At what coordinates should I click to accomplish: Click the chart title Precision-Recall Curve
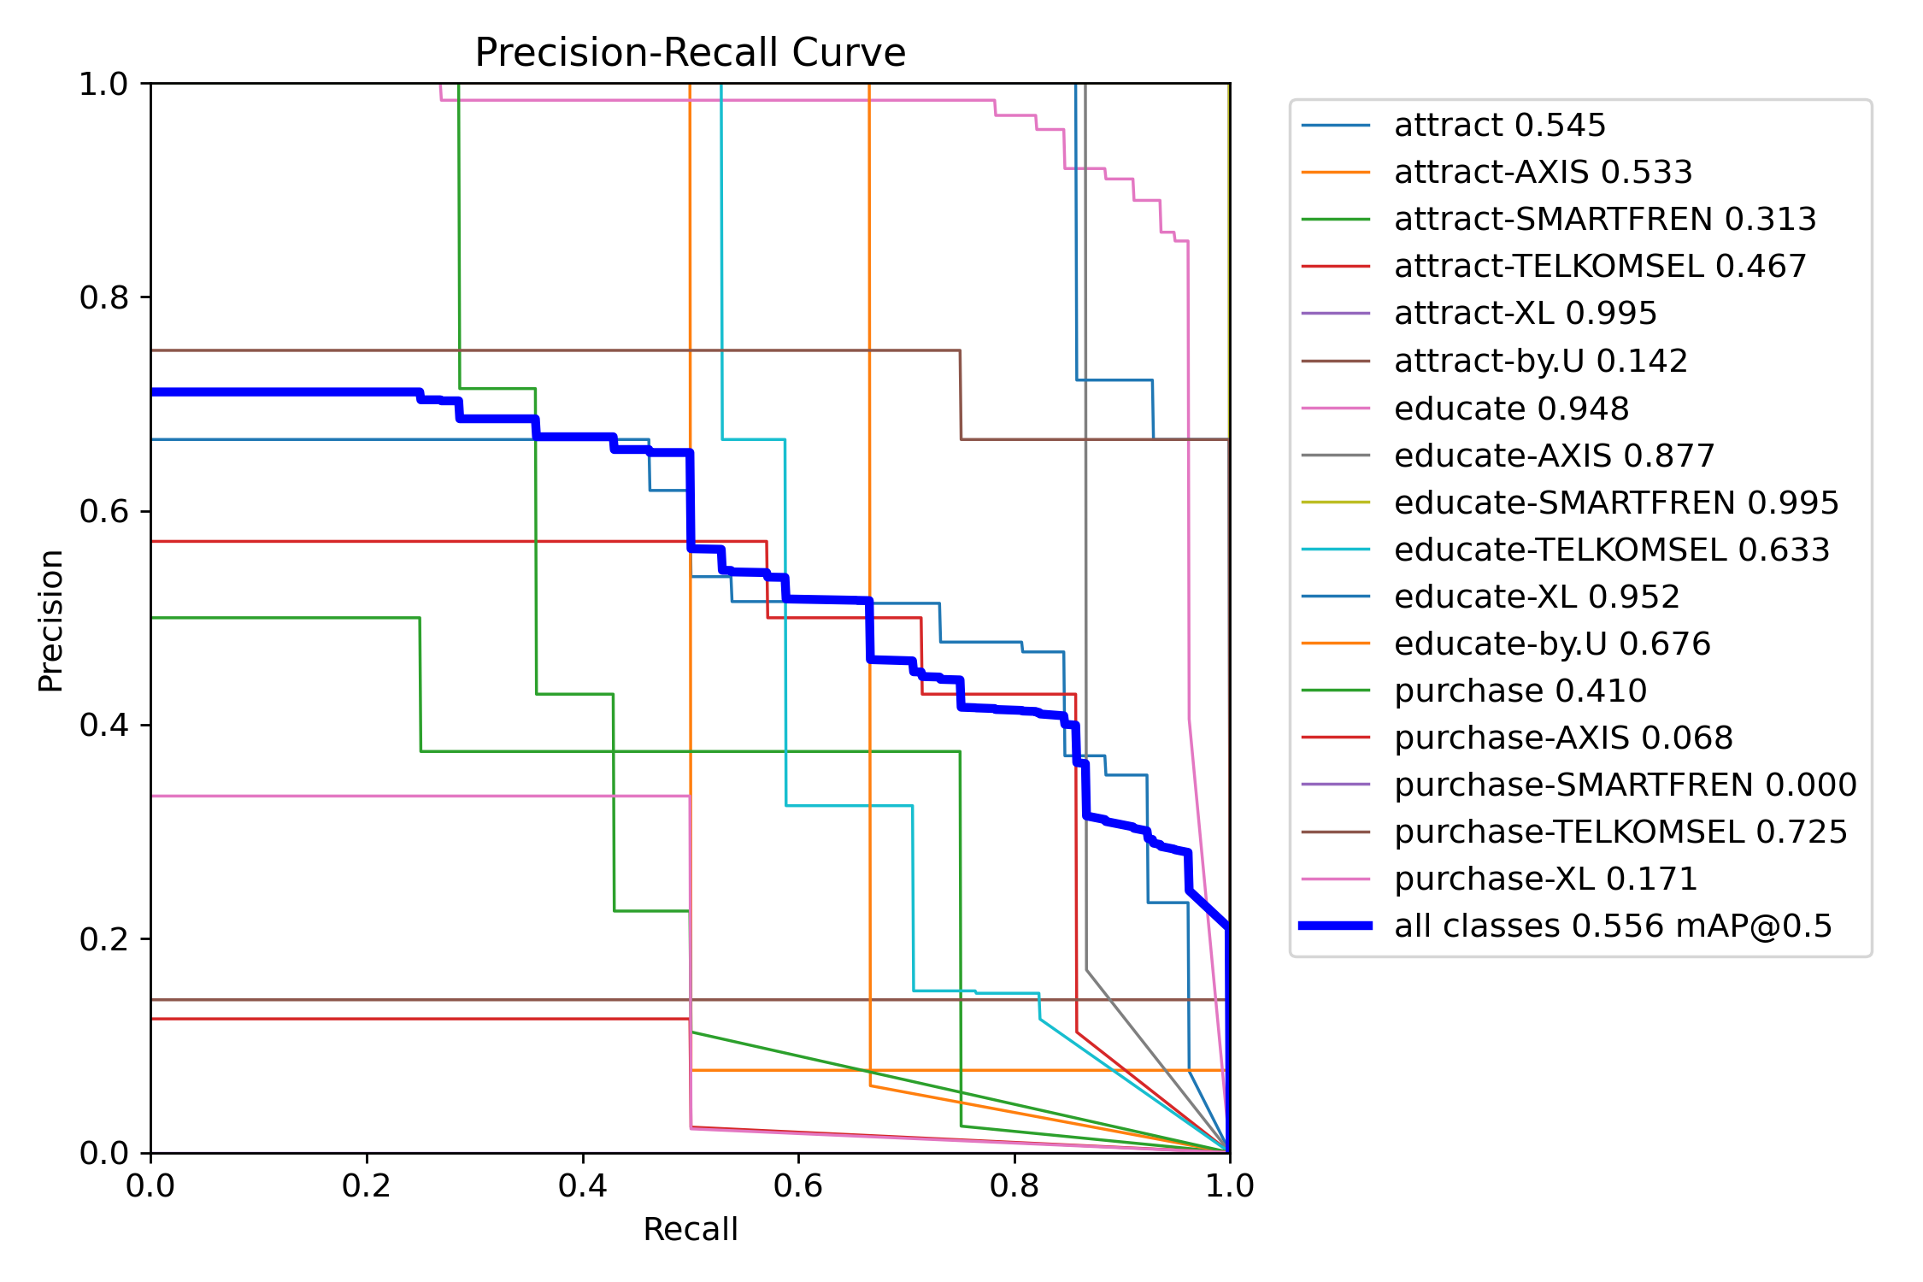click(690, 53)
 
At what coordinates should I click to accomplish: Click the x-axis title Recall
click(690, 1229)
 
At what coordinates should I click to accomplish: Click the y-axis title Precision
click(51, 620)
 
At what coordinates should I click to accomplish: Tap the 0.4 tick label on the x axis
click(582, 1185)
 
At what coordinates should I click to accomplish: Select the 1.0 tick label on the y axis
click(103, 84)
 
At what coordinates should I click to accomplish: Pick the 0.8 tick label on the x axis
click(1014, 1185)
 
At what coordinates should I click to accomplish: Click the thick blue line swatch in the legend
click(1336, 926)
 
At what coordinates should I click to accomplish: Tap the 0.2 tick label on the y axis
click(103, 939)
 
